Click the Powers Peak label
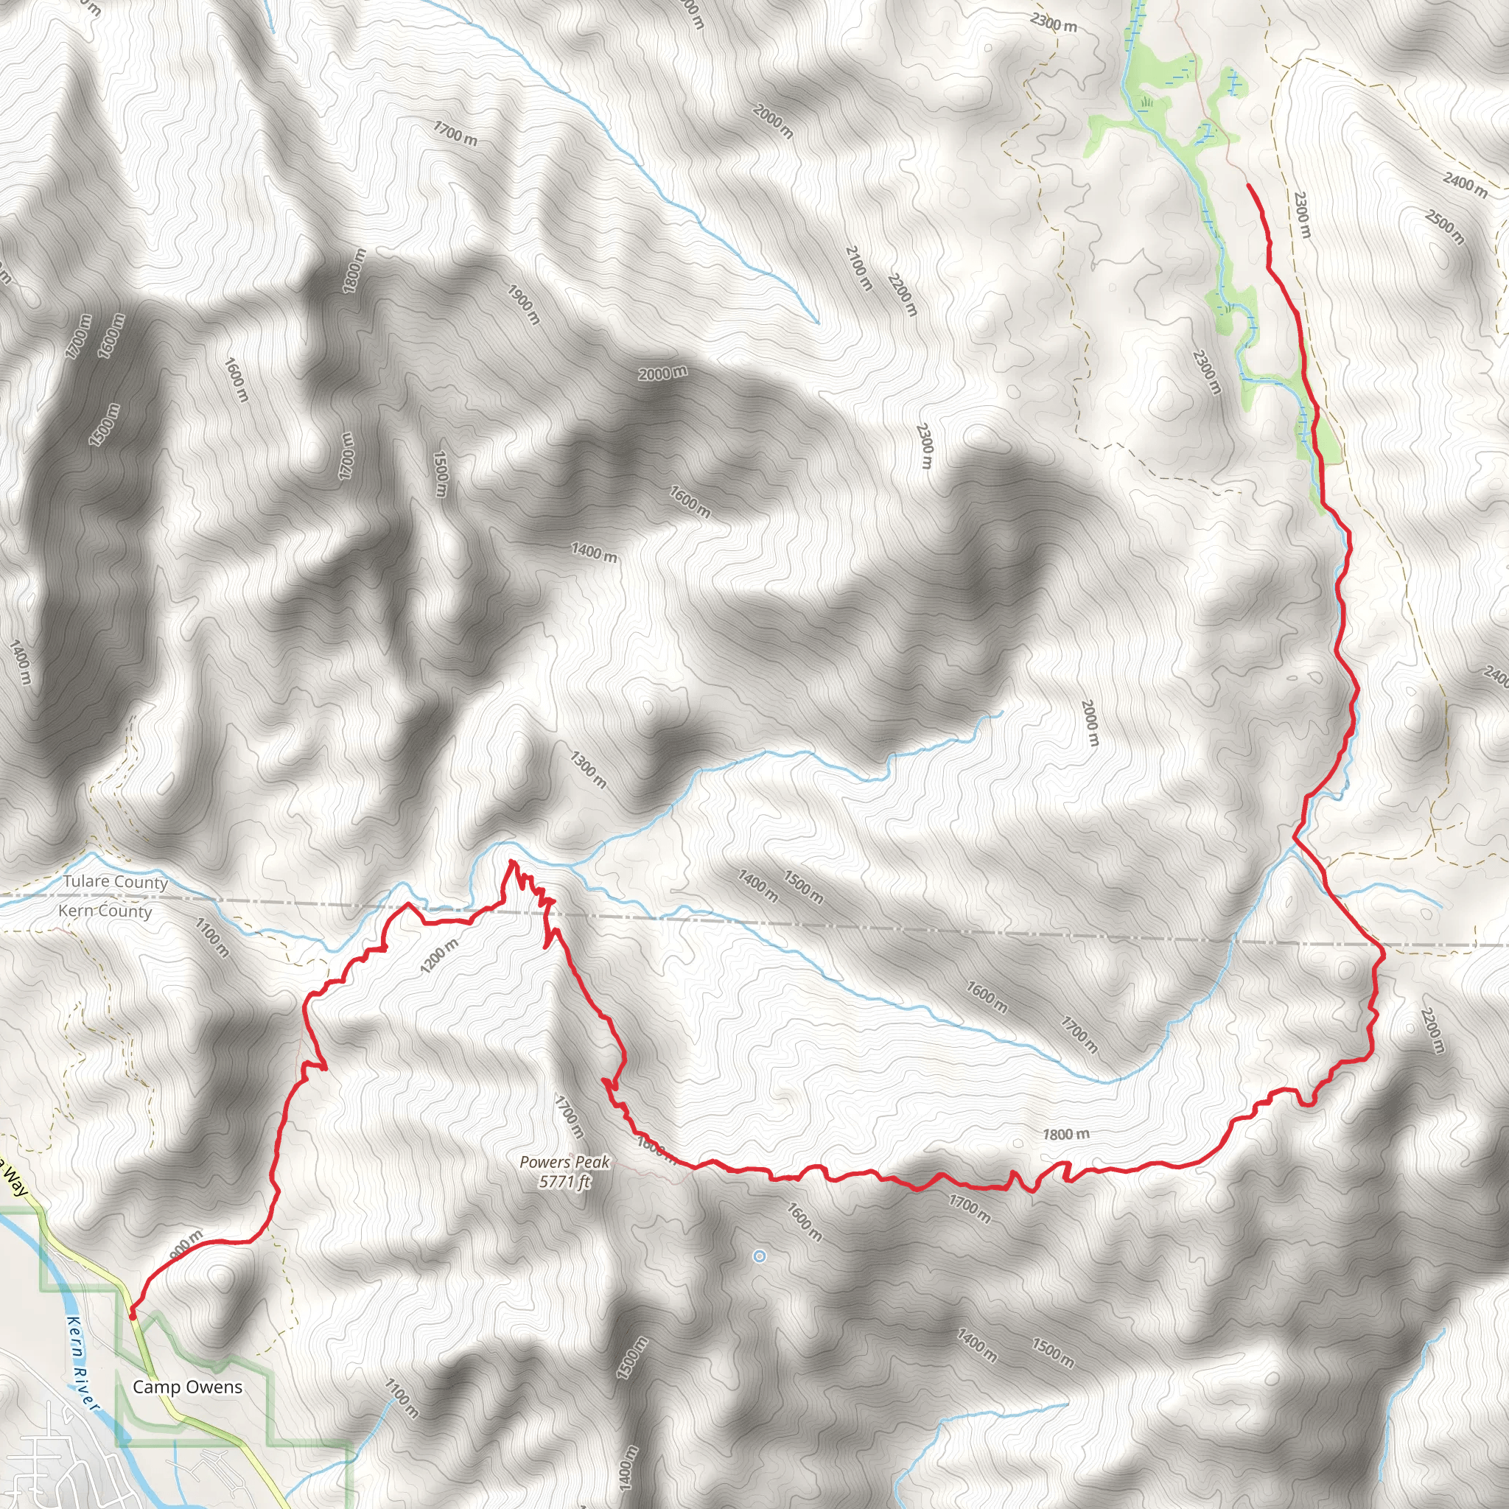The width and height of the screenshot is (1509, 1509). pyautogui.click(x=564, y=1162)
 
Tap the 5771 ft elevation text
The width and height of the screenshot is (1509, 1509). pyautogui.click(x=564, y=1182)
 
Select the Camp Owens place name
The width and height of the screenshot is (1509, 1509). pyautogui.click(x=187, y=1387)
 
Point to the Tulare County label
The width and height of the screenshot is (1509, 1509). pyautogui.click(x=116, y=882)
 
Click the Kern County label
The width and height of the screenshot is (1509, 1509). pyautogui.click(x=105, y=911)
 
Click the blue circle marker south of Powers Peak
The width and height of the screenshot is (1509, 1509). pyautogui.click(x=758, y=1256)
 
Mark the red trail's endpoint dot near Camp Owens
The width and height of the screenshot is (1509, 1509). pyautogui.click(x=133, y=1315)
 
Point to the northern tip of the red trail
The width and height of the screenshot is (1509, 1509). pyautogui.click(x=1248, y=185)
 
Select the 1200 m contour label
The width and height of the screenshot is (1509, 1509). pyautogui.click(x=439, y=956)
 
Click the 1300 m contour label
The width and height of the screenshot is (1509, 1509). pyautogui.click(x=587, y=768)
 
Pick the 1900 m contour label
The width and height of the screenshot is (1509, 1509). pyautogui.click(x=524, y=304)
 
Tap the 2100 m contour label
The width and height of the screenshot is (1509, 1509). pyautogui.click(x=858, y=268)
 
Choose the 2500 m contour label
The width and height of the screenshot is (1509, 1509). pyautogui.click(x=1444, y=226)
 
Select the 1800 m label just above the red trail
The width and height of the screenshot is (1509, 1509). pyautogui.click(x=1066, y=1134)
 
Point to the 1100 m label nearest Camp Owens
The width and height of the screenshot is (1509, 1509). pyautogui.click(x=402, y=1398)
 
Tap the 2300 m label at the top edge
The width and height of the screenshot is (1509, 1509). pyautogui.click(x=1053, y=22)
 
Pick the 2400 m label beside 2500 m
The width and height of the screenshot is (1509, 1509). pyautogui.click(x=1466, y=185)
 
